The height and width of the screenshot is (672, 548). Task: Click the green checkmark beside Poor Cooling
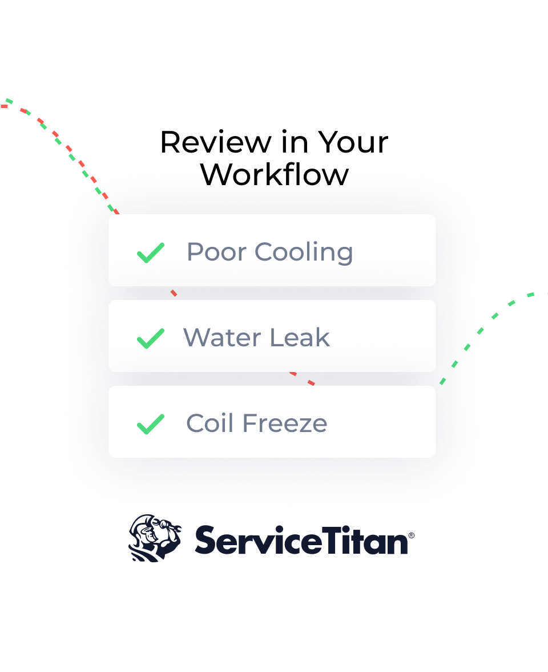[151, 253]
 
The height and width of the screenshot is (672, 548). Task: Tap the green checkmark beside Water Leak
[151, 338]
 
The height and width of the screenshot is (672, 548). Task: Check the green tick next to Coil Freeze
[151, 424]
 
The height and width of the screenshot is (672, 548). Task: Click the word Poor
[217, 251]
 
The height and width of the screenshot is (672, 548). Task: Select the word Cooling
[304, 253]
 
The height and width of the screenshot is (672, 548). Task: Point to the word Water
[222, 337]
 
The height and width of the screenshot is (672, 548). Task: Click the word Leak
[300, 337]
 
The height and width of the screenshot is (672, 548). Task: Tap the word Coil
[210, 423]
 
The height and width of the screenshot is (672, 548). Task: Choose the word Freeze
[285, 423]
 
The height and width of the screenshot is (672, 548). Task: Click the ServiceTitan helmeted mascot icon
[155, 538]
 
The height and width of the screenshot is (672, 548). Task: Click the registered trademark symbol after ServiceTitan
[412, 535]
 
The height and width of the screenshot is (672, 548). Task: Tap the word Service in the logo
[258, 541]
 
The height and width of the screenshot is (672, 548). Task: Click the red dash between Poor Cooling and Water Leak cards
[174, 293]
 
